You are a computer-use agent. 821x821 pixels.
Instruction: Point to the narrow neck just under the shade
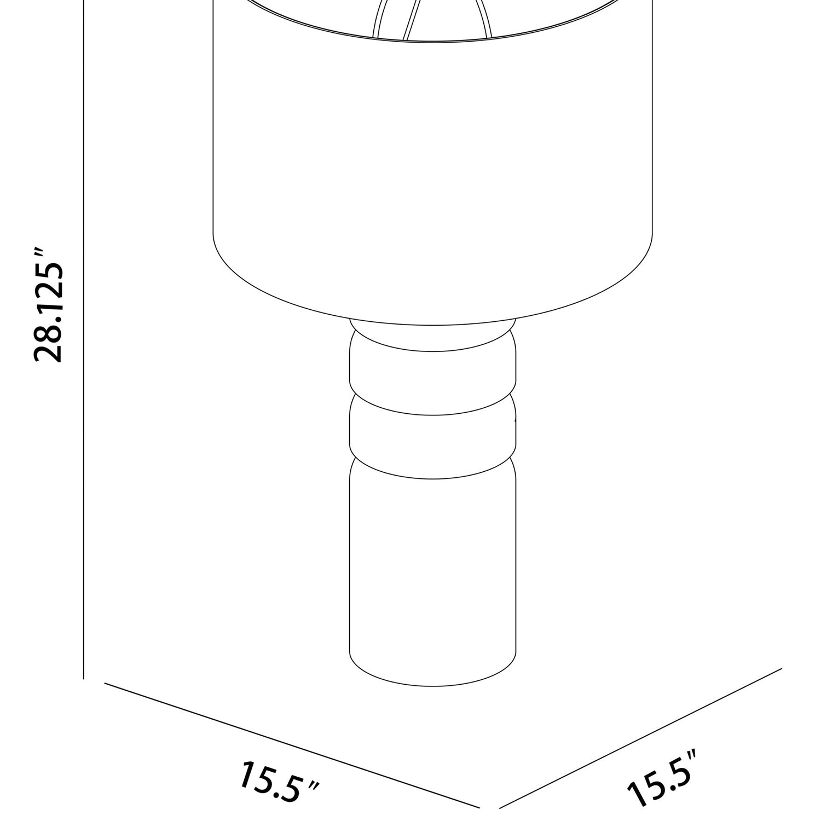(432, 332)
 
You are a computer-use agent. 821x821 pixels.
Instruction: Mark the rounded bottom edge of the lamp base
(432, 685)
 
